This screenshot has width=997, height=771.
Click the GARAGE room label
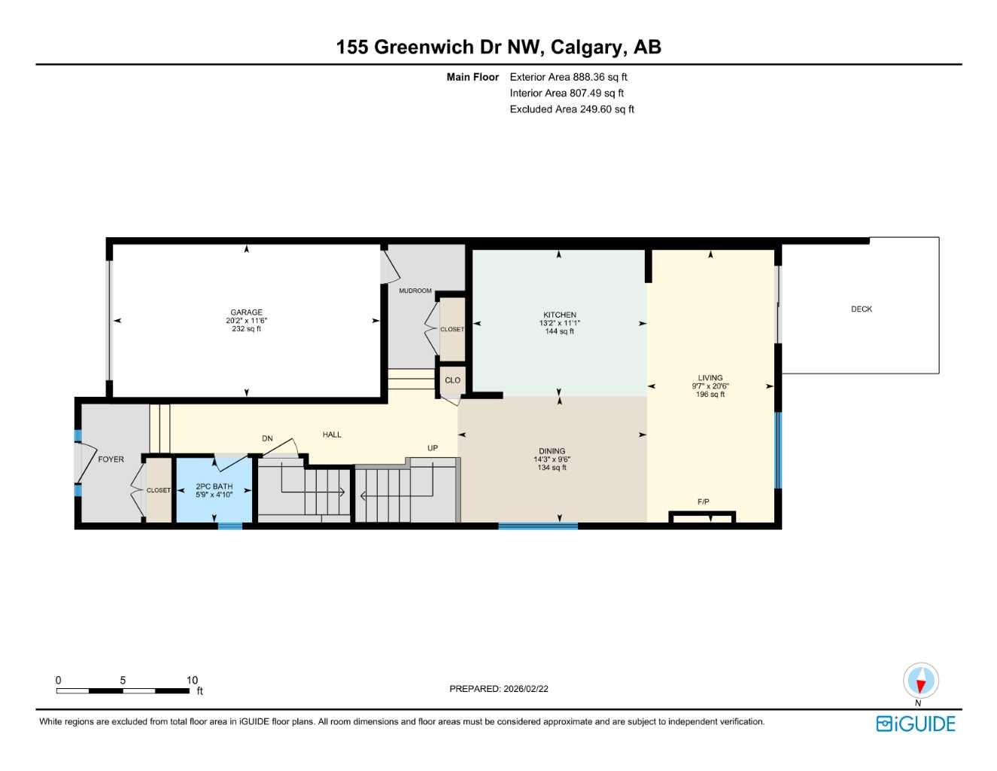[246, 312]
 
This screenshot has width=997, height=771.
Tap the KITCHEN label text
[559, 315]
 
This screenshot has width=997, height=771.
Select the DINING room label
[552, 451]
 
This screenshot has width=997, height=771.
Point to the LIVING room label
[710, 378]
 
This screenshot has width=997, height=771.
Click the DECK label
[862, 309]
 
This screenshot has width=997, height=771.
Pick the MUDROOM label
[415, 291]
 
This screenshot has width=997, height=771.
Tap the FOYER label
[111, 459]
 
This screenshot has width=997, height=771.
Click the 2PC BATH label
[214, 486]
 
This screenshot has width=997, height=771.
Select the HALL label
[332, 434]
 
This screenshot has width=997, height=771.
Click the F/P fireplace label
[703, 502]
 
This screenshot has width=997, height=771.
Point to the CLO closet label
[452, 380]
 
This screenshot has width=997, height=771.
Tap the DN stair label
[267, 439]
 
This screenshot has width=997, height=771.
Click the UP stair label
[432, 448]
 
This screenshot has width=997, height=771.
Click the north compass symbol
[920, 681]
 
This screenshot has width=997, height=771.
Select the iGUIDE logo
[916, 724]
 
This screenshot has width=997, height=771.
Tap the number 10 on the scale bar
[192, 680]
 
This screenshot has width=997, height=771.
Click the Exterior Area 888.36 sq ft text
[568, 77]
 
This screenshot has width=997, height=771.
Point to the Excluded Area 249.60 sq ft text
[572, 109]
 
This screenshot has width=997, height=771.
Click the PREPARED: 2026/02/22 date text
[499, 689]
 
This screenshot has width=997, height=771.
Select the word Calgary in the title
[588, 47]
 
